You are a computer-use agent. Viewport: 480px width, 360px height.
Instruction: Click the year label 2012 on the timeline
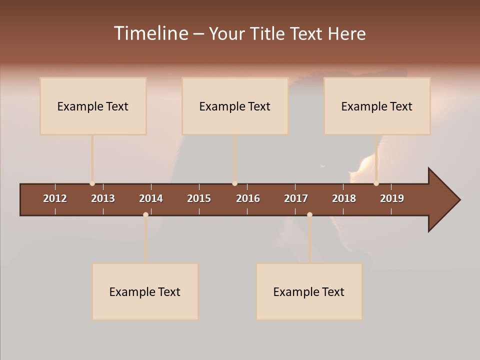point(55,198)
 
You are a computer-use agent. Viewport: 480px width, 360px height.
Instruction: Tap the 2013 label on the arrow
point(103,198)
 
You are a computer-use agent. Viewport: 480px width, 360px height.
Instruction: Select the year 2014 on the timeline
point(151,198)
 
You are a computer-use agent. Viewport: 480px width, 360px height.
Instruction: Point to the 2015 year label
point(199,198)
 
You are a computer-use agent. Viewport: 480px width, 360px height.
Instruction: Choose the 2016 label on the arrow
point(248,198)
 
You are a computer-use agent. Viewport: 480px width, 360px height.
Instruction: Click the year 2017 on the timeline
point(296,198)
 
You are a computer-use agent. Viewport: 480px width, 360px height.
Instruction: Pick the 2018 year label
point(344,198)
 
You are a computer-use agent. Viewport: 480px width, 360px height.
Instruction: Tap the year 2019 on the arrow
point(392,198)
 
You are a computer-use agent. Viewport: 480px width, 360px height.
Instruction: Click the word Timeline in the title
point(150,33)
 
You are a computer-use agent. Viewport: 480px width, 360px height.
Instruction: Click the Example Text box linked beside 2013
point(93,106)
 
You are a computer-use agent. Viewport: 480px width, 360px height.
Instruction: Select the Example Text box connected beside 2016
point(235,106)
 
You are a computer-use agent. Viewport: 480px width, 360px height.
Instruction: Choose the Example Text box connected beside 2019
point(377,106)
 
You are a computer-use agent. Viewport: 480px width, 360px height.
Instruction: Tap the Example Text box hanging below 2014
point(145,291)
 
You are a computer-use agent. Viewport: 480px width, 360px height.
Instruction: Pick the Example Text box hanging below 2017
point(309,291)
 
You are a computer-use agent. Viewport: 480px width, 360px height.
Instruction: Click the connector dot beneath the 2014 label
point(145,214)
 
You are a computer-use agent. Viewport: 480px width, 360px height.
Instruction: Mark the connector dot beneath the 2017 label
point(309,214)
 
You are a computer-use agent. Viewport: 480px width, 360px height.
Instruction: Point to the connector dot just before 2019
point(376,183)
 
